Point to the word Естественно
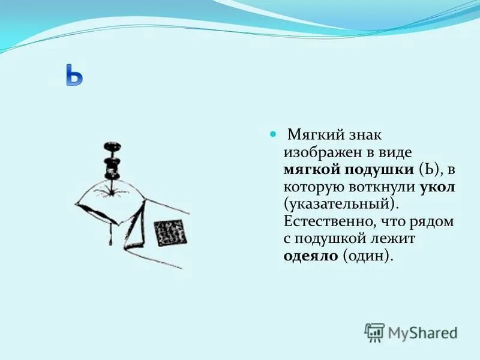[327, 222]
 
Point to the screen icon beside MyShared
[375, 332]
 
